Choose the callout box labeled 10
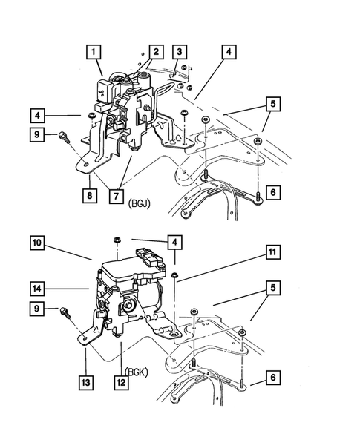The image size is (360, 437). coord(39,242)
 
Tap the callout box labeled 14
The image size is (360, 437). coord(39,286)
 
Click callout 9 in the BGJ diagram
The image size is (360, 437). coord(39,135)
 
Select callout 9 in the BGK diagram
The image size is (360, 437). coord(39,308)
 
